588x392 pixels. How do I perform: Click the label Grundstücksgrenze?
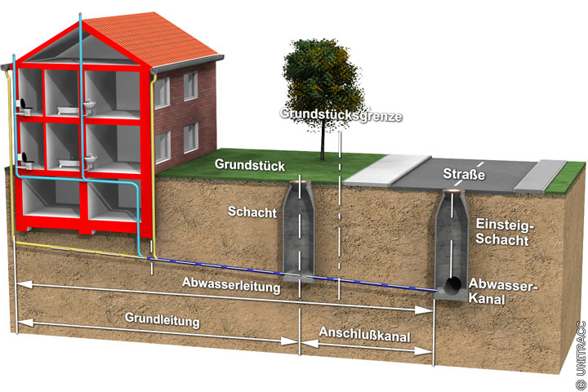(x=341, y=115)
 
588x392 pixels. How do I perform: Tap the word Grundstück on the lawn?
(x=250, y=165)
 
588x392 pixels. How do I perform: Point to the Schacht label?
(x=252, y=212)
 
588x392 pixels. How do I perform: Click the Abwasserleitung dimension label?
(x=233, y=287)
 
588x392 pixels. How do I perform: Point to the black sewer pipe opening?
(x=453, y=285)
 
